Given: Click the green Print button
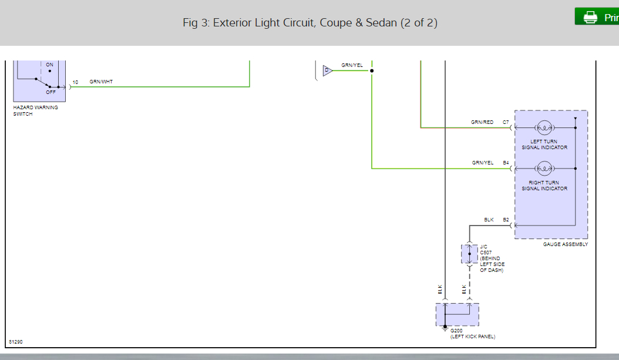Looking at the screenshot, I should tap(597, 17).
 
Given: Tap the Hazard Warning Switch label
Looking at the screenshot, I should tap(35, 110).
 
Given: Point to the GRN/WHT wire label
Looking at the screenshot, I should tap(101, 82).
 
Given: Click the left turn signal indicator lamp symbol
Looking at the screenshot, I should tap(544, 127).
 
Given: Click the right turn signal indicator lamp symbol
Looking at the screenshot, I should tap(544, 169).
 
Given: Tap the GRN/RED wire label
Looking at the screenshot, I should tap(482, 122).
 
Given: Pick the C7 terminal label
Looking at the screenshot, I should tap(506, 122).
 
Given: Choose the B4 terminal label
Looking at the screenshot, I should tap(506, 163).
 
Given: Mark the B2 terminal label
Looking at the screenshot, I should tap(506, 220).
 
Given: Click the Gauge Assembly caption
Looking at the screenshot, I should tap(566, 244).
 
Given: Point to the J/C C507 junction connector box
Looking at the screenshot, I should tap(469, 254).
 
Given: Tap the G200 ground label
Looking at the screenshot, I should tap(456, 331).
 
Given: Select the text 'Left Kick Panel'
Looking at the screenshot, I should tap(473, 337).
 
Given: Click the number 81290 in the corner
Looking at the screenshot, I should tap(15, 341).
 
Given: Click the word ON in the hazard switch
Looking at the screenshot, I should tap(49, 65).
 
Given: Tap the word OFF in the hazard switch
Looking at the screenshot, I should tap(51, 92).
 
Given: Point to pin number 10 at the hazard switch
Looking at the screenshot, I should tap(75, 82).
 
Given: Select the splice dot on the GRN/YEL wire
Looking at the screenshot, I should tap(372, 70).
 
